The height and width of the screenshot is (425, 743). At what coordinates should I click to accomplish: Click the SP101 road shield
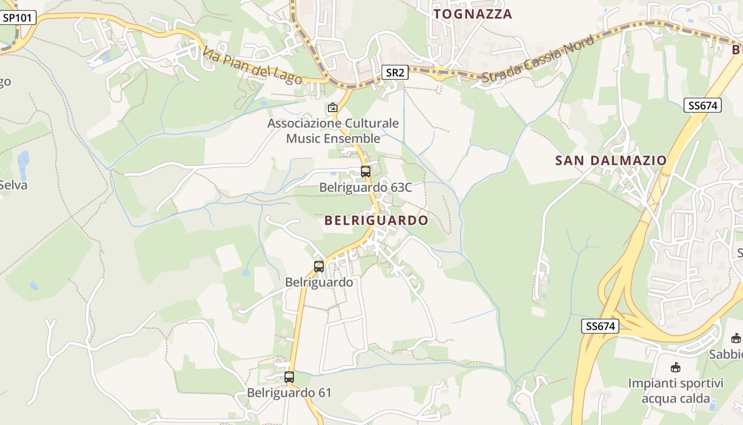[18, 18]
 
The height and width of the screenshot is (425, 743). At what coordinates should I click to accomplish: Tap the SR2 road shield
[395, 73]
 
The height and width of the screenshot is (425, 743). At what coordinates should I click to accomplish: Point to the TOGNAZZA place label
[473, 14]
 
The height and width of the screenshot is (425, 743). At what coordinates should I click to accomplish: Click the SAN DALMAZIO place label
[611, 160]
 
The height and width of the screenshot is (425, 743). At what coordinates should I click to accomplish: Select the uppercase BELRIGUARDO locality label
[376, 220]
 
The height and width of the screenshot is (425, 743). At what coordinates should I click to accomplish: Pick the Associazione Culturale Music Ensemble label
[333, 131]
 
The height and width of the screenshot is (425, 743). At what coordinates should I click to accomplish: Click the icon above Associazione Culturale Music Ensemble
[333, 108]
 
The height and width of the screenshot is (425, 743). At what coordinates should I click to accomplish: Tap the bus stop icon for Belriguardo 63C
[365, 172]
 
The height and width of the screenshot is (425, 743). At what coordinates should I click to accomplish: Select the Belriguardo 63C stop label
[365, 188]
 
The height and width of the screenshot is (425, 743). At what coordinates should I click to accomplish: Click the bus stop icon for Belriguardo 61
[289, 377]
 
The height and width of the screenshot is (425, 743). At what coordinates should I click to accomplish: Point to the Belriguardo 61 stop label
[289, 393]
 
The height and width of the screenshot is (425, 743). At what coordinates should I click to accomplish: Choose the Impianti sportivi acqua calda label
[676, 390]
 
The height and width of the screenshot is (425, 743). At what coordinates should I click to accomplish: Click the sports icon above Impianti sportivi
[676, 367]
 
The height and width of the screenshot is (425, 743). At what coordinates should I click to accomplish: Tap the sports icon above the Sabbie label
[736, 338]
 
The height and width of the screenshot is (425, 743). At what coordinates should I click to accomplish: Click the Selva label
[13, 185]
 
